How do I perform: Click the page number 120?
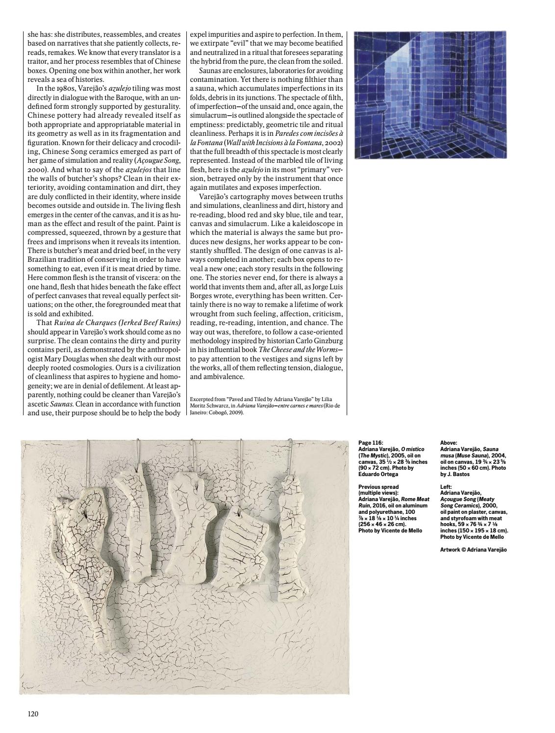tap(33, 713)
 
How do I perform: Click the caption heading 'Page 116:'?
tap(371, 443)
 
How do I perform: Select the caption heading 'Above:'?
tap(449, 443)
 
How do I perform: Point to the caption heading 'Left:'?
tap(446, 486)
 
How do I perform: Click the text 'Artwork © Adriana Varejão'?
tap(474, 550)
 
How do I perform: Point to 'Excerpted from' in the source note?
tap(206, 400)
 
